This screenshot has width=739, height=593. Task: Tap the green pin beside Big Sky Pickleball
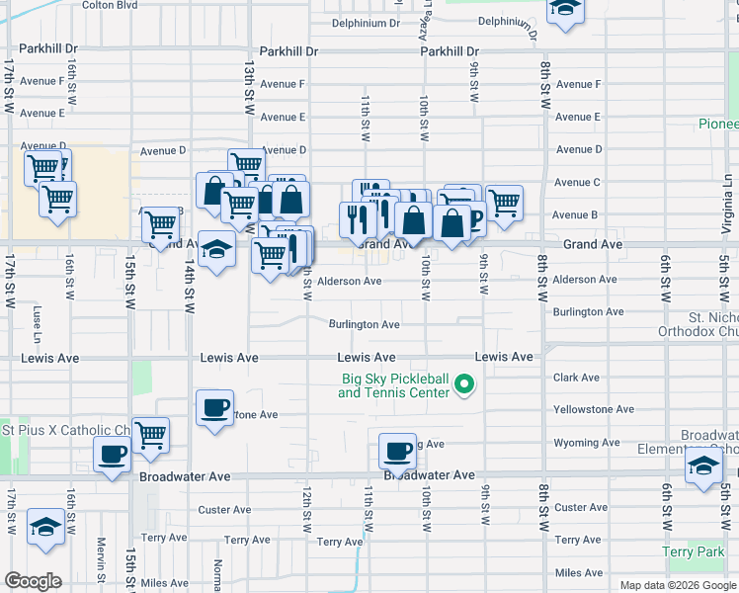[x=466, y=385]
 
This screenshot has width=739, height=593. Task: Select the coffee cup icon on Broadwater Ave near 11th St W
[x=398, y=451]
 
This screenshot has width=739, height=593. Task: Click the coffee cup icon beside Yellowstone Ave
[x=214, y=407]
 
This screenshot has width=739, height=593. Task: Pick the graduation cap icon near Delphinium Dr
[x=565, y=9]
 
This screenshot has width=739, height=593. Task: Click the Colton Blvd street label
[x=110, y=5]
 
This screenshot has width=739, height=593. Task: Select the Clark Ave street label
[x=577, y=378]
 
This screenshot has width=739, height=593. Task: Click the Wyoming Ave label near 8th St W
[x=586, y=443]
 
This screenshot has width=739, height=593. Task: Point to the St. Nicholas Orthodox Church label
[x=698, y=325]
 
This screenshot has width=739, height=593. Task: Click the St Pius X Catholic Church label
[x=65, y=431]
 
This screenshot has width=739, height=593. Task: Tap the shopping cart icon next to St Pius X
[x=150, y=435]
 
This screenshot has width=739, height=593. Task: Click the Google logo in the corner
[x=33, y=581]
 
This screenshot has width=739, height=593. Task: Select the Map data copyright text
[x=679, y=585]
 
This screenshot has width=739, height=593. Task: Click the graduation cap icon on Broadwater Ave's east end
[x=703, y=466]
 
